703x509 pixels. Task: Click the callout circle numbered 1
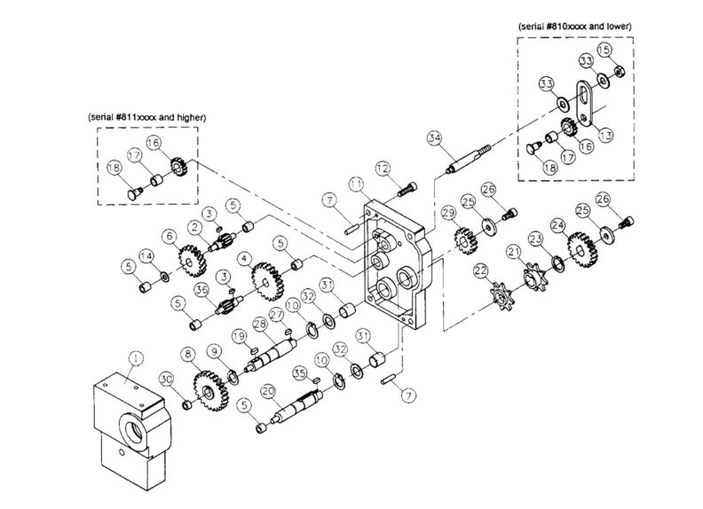(135, 359)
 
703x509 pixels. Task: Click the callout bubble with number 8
(187, 354)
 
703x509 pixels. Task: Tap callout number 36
(202, 288)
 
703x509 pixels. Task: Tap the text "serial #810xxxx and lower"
(575, 27)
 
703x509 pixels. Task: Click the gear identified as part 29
(462, 239)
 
